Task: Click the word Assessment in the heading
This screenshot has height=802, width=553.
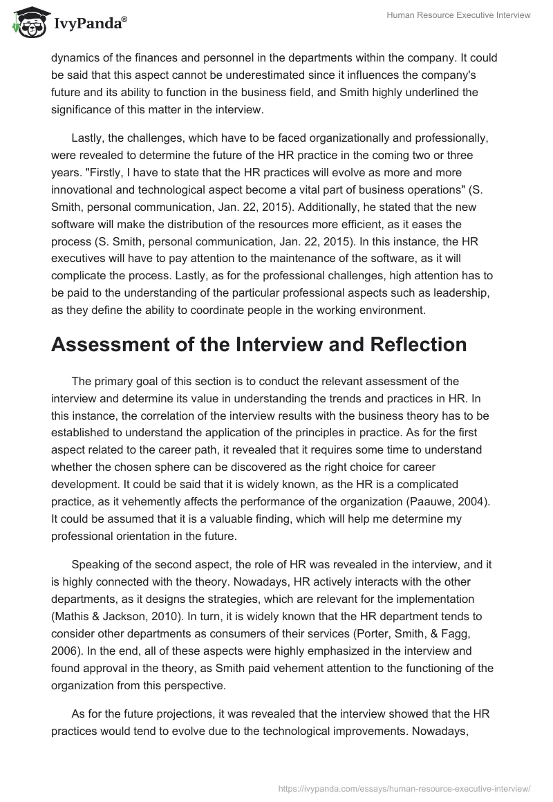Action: [x=115, y=344]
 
